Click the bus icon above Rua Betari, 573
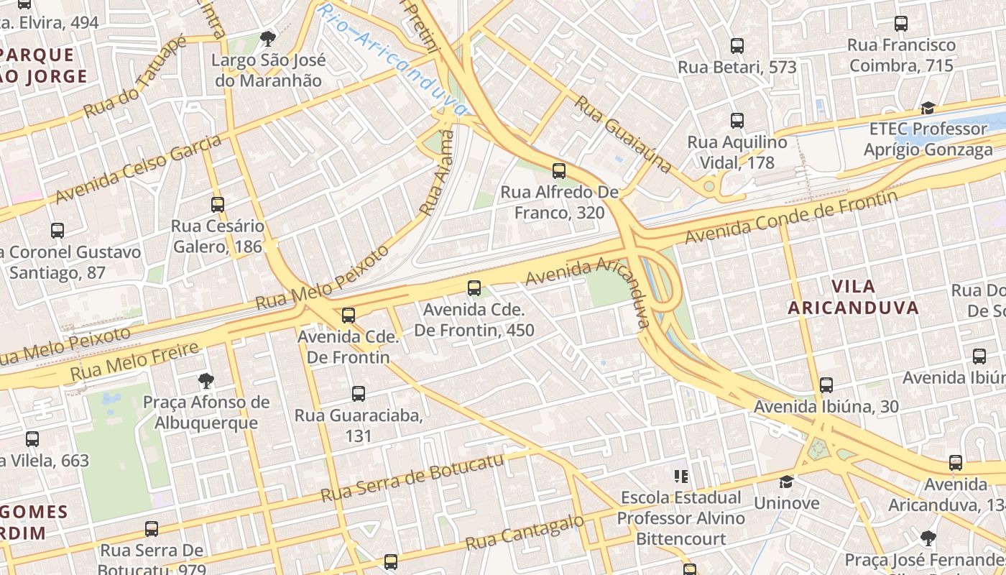coord(737,46)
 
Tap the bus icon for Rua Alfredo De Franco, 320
coord(559,171)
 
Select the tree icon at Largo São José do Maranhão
coord(268,38)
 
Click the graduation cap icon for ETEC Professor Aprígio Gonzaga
coord(928,109)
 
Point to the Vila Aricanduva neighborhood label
coord(853,297)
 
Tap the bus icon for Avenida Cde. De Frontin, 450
coord(474,288)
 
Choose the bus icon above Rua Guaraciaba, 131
coord(359,394)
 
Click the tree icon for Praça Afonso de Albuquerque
coord(206,380)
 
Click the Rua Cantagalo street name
coord(525,533)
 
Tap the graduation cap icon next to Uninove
coord(787,482)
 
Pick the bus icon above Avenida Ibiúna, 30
coord(826,385)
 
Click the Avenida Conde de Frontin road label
coord(790,216)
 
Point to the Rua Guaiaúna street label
coord(624,134)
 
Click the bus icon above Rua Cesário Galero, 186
coord(218,205)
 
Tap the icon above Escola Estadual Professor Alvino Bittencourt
coord(680,476)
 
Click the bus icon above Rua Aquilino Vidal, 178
coord(737,121)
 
